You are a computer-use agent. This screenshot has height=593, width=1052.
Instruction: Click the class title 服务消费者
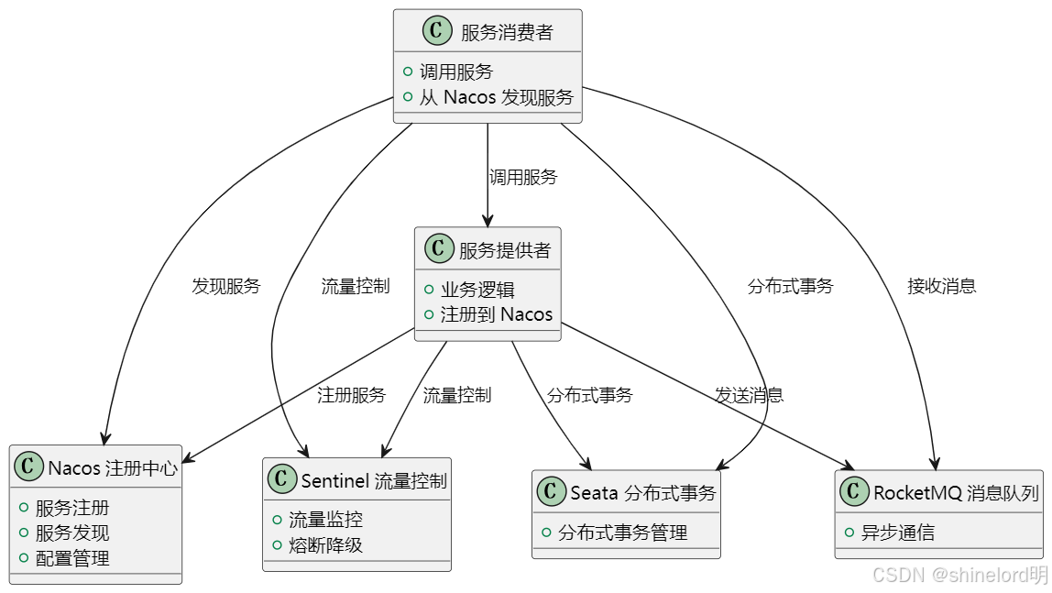tap(507, 33)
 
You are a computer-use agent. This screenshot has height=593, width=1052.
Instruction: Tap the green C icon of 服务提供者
tap(440, 248)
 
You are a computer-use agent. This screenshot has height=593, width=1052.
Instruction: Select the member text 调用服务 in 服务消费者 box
tap(456, 71)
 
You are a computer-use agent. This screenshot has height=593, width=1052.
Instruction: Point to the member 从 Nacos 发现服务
tap(496, 97)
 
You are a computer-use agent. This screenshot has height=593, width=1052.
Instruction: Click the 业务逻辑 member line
tap(477, 290)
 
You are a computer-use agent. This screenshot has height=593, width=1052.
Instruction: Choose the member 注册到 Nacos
tap(496, 314)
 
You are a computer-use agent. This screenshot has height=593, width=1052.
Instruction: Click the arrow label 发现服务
tap(225, 286)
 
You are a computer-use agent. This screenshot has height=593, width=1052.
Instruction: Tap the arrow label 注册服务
tap(351, 395)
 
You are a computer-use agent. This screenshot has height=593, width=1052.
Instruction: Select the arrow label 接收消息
tap(941, 286)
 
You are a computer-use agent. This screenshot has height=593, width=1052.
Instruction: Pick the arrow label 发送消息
tap(749, 395)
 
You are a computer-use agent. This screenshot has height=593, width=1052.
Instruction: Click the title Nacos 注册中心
tap(113, 468)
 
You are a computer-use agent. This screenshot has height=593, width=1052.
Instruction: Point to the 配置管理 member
tap(72, 558)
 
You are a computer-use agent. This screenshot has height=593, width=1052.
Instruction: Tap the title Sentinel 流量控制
tap(374, 480)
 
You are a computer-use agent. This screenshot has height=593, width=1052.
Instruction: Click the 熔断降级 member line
tap(325, 545)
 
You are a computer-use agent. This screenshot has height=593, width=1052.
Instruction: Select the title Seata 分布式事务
tap(642, 493)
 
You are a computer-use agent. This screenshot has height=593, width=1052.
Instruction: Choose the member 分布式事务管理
tap(622, 533)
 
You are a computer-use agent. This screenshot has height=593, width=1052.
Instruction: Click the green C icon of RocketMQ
tap(854, 492)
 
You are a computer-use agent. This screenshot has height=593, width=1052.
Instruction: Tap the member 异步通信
tap(897, 533)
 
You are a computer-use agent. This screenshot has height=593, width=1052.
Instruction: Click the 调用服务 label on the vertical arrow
tap(523, 178)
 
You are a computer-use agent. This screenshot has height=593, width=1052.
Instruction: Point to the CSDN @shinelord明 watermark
tap(959, 575)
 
